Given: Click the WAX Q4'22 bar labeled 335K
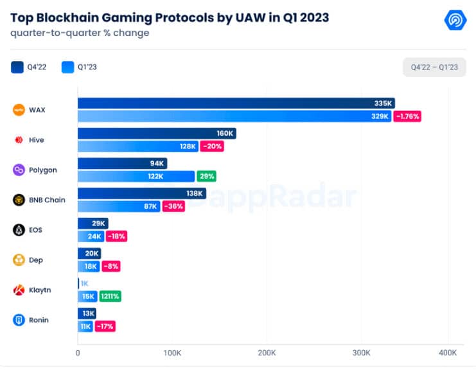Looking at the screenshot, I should coord(236,103).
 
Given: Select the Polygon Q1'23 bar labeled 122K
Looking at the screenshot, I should coord(136,176).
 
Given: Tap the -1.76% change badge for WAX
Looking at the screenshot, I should coord(406,116).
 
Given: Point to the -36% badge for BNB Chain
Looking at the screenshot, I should coord(174,206).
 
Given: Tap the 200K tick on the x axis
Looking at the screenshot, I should coord(267,353).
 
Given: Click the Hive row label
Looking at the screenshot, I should coord(36,140).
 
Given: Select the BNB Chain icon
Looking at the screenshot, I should coord(19,200).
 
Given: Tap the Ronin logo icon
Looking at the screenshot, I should coord(19,320).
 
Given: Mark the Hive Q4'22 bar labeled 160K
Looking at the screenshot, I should coord(157,134).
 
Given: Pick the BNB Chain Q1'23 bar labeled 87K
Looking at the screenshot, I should coord(119,206).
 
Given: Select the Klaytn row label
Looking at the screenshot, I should coord(40,290).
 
